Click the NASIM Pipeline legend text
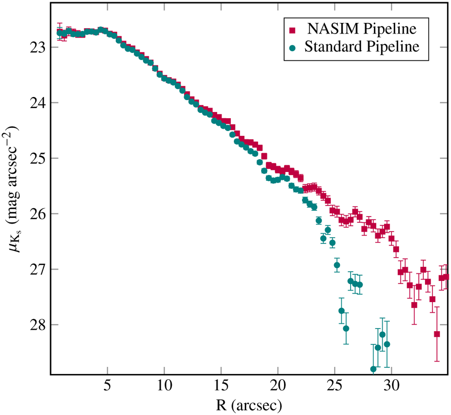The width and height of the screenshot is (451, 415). pos(362,29)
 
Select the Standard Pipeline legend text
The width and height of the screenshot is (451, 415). pos(362,47)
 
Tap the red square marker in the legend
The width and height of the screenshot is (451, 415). pos(292,29)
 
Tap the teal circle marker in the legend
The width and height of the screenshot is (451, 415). pos(292,47)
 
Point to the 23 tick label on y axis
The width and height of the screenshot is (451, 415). pos(37,47)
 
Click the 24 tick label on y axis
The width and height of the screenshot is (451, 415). pos(37,103)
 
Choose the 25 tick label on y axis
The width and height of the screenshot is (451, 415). pos(37,158)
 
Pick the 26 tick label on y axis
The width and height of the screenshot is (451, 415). pos(37,214)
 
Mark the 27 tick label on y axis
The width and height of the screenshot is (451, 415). pos(37,269)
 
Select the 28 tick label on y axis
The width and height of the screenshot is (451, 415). pos(37,325)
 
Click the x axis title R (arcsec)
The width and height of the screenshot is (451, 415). pos(249,405)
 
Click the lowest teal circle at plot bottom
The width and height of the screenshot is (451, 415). pos(373,369)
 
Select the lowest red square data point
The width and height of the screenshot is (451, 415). pos(437,334)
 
